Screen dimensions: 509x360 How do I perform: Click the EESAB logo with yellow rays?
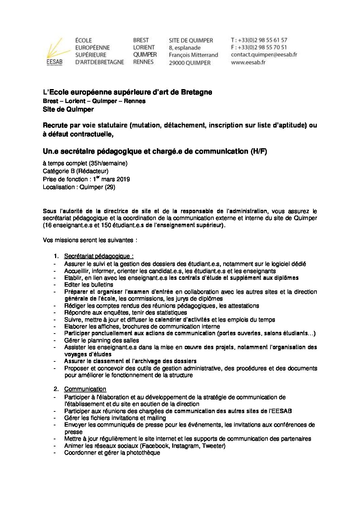(54, 51)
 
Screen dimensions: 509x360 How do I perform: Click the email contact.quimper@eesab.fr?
(264, 55)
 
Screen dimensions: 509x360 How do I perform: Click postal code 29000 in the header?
(177, 63)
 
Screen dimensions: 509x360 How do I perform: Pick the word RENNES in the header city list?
(143, 62)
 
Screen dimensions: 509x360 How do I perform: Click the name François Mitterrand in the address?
(193, 55)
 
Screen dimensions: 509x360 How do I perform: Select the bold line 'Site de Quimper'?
(68, 109)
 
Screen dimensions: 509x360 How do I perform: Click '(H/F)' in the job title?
(259, 152)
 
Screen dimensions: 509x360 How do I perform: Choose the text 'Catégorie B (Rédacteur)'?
(76, 171)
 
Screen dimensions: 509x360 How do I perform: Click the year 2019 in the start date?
(123, 179)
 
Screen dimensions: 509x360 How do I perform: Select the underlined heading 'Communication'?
(85, 389)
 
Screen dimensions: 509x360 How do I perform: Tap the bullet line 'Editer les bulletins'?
(88, 285)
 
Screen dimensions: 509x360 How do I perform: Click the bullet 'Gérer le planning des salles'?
(101, 340)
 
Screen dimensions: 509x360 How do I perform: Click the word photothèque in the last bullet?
(143, 453)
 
